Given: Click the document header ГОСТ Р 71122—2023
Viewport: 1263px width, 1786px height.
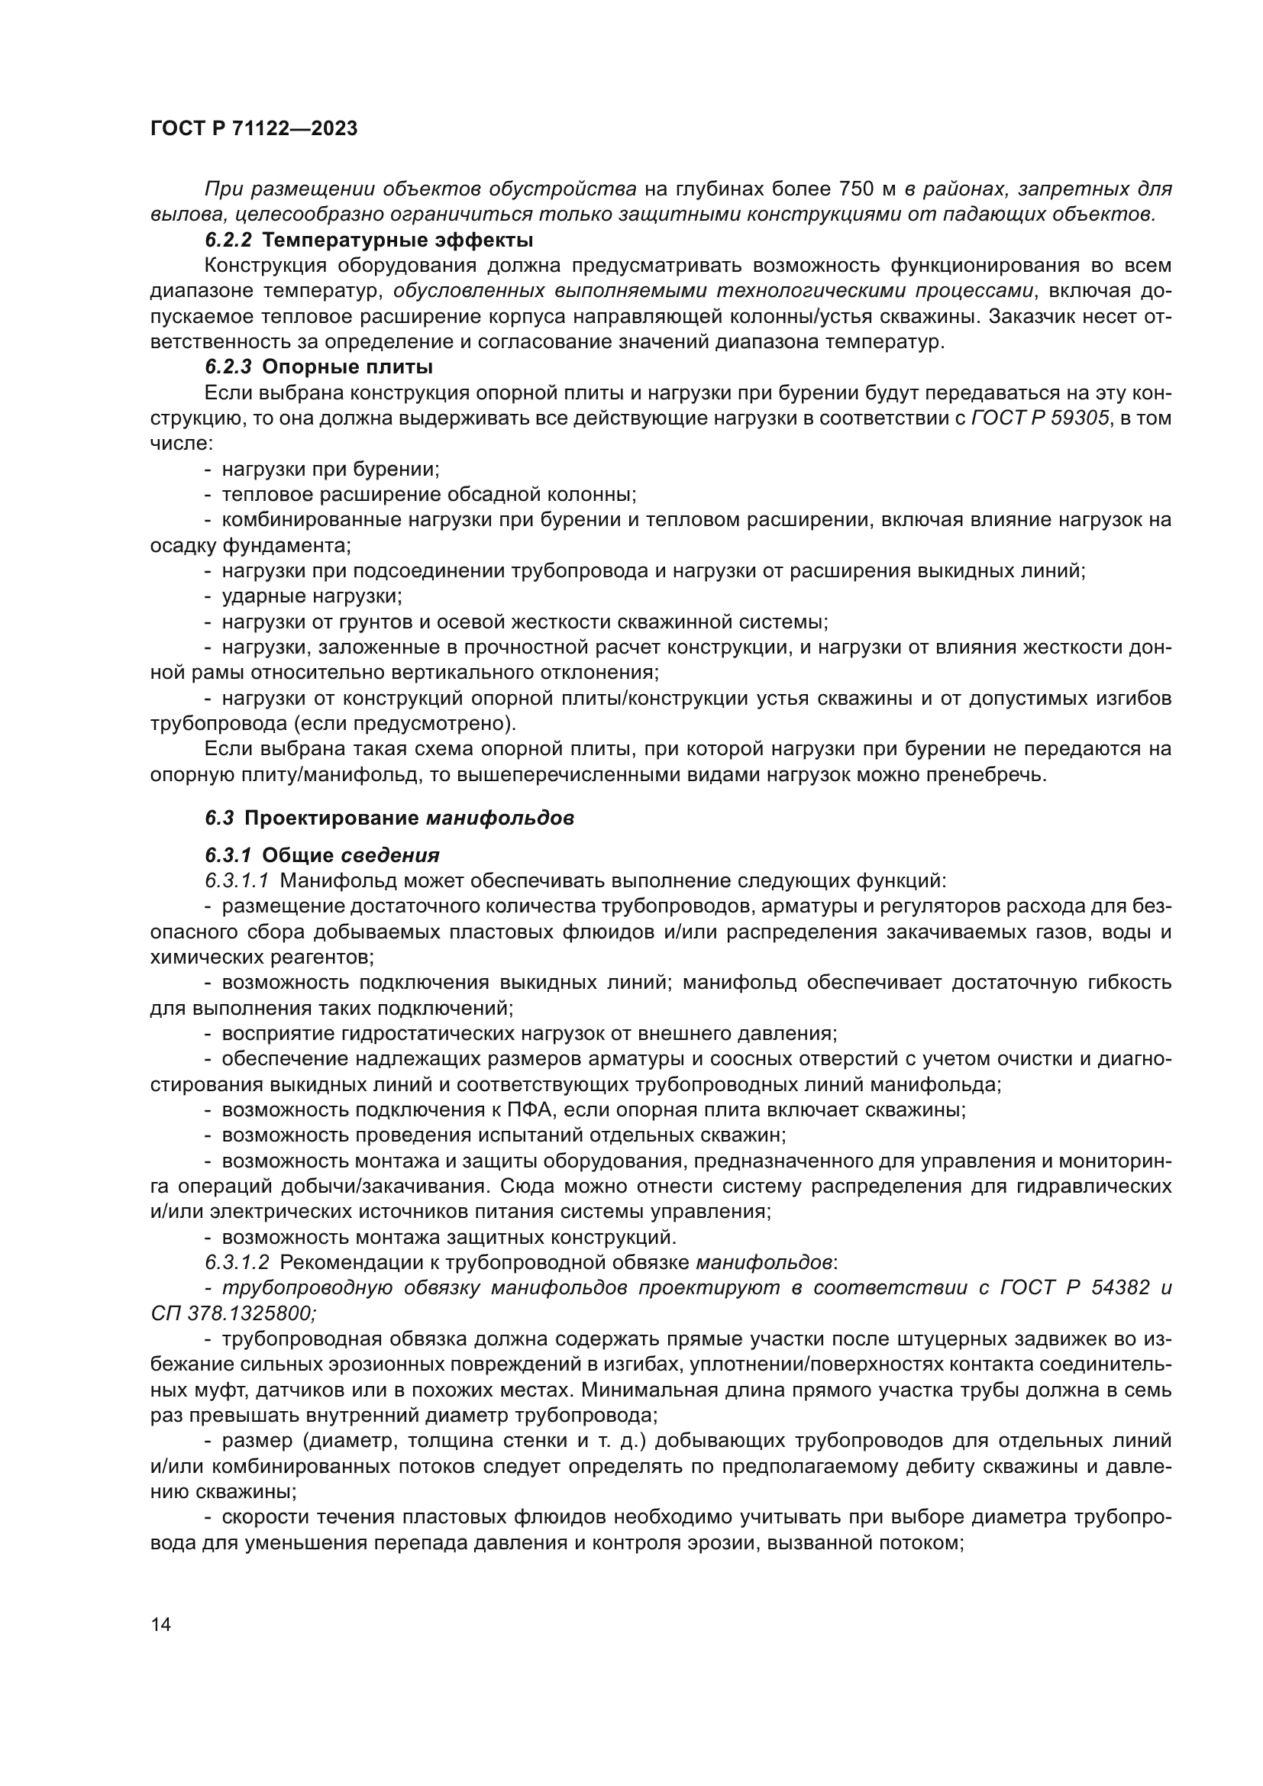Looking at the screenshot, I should pos(254,129).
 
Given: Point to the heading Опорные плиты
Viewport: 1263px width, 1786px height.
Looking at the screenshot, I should pos(347,367).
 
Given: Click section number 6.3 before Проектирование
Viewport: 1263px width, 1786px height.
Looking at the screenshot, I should pos(219,819).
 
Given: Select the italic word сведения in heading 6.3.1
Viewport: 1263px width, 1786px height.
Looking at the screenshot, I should pos(390,856).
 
